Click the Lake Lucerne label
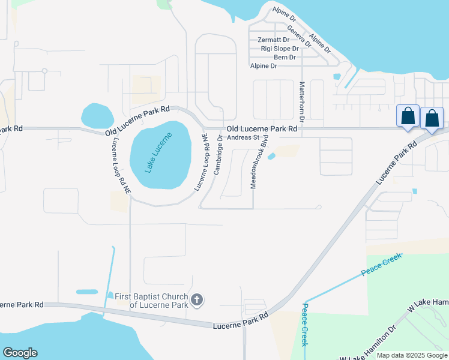click(x=158, y=152)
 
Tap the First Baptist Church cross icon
click(x=197, y=299)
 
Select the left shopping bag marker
click(x=408, y=116)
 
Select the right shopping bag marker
click(x=432, y=119)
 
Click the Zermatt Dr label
click(x=274, y=40)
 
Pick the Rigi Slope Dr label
click(x=280, y=49)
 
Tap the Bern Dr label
click(x=285, y=58)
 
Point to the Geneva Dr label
click(x=299, y=36)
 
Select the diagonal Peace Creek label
click(x=381, y=264)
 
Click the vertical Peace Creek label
click(x=305, y=324)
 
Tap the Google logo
click(x=20, y=353)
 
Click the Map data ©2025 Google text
click(x=412, y=355)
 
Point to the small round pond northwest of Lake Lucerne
click(x=96, y=115)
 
